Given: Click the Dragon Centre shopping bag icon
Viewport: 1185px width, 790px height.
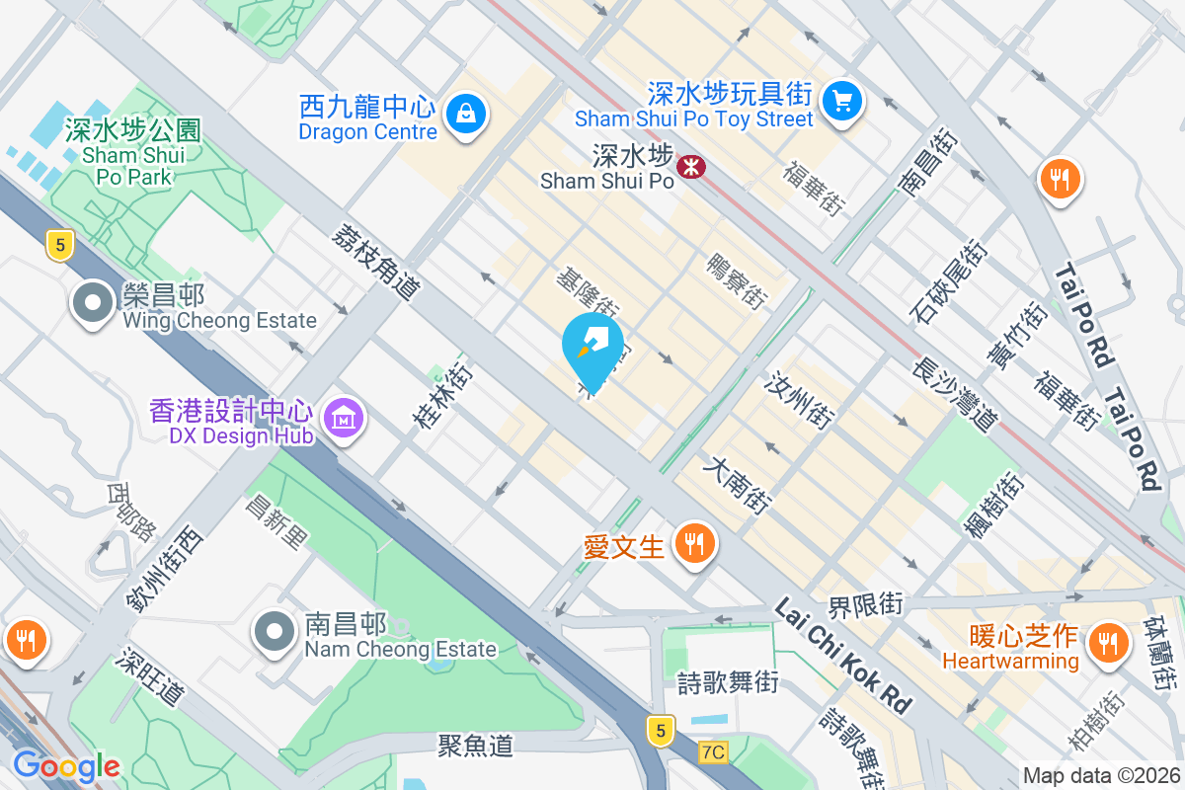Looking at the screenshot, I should click(x=462, y=114).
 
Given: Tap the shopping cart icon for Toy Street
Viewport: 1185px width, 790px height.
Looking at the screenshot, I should click(x=842, y=101).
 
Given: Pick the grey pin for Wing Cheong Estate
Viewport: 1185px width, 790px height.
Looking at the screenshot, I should click(x=95, y=303).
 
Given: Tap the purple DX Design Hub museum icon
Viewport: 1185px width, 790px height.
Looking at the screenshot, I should click(x=343, y=419).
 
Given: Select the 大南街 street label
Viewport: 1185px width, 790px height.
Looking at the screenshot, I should click(x=737, y=484).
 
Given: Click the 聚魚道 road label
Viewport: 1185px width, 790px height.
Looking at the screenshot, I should click(x=476, y=745).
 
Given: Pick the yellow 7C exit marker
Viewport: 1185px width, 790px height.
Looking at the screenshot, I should click(x=713, y=752).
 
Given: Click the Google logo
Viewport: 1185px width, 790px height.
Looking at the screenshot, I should click(x=67, y=765).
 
